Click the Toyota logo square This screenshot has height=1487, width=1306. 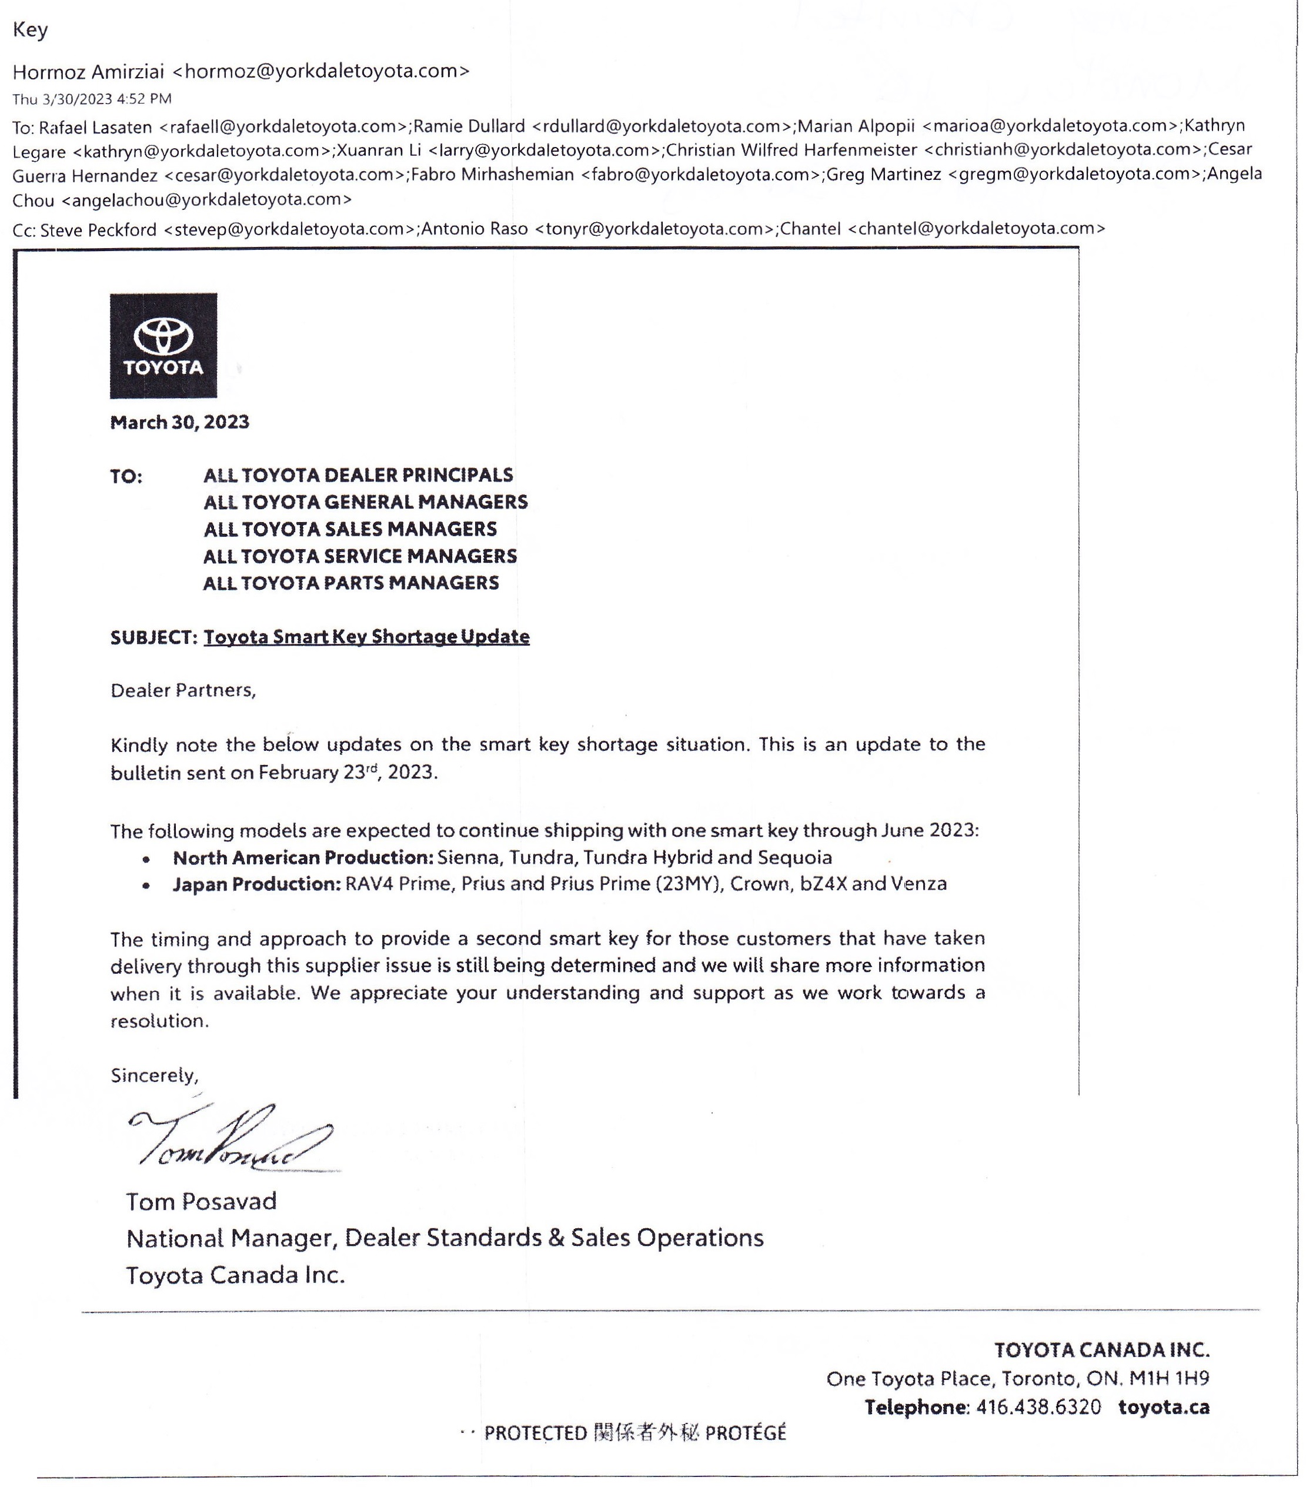[x=163, y=346]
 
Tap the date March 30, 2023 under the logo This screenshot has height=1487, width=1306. [x=180, y=423]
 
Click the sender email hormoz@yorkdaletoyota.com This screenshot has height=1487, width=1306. [x=321, y=71]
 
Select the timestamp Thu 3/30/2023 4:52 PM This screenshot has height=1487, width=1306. [x=92, y=99]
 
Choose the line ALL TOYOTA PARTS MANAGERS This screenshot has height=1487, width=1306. [x=350, y=583]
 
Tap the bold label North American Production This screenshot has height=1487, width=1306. [x=303, y=858]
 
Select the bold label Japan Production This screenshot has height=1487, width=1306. [x=256, y=884]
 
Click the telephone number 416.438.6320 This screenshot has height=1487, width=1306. [x=1038, y=1407]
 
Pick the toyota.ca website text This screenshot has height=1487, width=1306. [x=1163, y=1407]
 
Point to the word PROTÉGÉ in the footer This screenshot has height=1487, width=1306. [x=745, y=1433]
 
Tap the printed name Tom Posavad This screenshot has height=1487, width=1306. [x=202, y=1201]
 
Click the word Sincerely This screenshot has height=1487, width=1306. [x=154, y=1075]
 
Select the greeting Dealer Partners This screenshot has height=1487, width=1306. [x=183, y=690]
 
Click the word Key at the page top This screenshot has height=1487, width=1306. [x=31, y=30]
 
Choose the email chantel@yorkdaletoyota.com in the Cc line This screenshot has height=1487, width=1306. [x=976, y=229]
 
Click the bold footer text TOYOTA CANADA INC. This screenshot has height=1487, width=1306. [x=1101, y=1349]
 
